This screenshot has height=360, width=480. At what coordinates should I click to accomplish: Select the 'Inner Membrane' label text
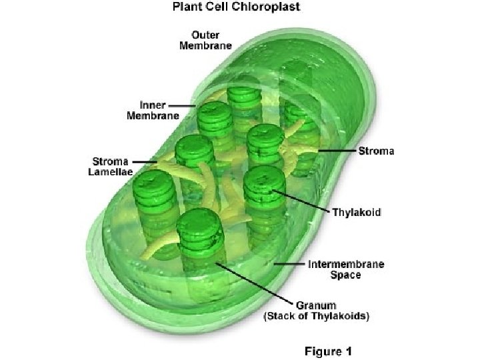click(153, 110)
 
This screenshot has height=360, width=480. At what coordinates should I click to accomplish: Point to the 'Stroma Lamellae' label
click(111, 166)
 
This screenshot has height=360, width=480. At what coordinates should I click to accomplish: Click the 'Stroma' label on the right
click(377, 151)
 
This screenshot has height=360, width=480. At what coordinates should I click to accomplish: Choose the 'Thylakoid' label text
click(357, 213)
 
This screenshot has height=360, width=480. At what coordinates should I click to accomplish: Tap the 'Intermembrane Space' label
click(345, 269)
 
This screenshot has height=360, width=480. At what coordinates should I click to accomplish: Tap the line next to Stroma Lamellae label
click(143, 161)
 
